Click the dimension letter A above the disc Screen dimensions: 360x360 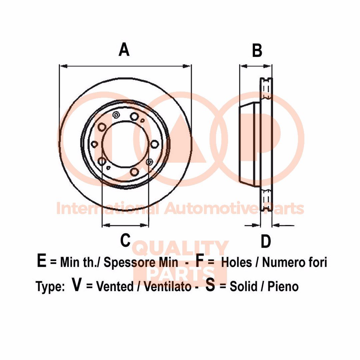click(x=124, y=50)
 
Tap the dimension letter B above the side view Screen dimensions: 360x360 click(x=257, y=51)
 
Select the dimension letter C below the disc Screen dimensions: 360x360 click(x=125, y=240)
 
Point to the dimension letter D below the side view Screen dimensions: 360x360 click(x=265, y=241)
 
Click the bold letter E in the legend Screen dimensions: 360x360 click(x=41, y=261)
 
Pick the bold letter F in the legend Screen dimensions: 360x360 click(x=199, y=261)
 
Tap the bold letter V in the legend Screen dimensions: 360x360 click(x=77, y=285)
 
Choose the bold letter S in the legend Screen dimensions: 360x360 click(x=210, y=285)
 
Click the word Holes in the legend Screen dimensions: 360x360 click(x=237, y=262)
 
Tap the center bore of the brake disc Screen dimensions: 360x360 click(x=124, y=144)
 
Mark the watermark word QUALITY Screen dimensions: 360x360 click(x=180, y=248)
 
